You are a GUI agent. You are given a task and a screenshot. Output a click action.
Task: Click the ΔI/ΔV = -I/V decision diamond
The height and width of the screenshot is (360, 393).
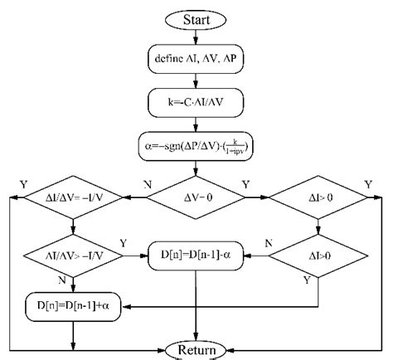coord(74,199)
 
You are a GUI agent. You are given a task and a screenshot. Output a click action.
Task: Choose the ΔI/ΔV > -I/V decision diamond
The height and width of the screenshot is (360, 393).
coord(74,253)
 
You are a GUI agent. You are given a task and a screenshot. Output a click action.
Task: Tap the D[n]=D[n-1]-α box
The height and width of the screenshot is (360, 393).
coord(196,253)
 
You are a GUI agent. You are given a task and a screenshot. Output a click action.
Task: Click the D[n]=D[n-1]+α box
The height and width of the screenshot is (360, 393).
coord(74,306)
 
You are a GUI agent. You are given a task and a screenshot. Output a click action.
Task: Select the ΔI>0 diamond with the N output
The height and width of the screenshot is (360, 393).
coord(318,253)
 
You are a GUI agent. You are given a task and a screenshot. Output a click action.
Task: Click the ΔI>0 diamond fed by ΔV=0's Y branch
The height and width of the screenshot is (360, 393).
coord(318,199)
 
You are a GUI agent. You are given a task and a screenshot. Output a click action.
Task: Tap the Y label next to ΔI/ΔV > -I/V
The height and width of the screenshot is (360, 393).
coord(124,243)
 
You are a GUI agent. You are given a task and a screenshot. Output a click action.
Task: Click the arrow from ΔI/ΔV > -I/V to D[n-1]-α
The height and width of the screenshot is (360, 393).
coord(135,253)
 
